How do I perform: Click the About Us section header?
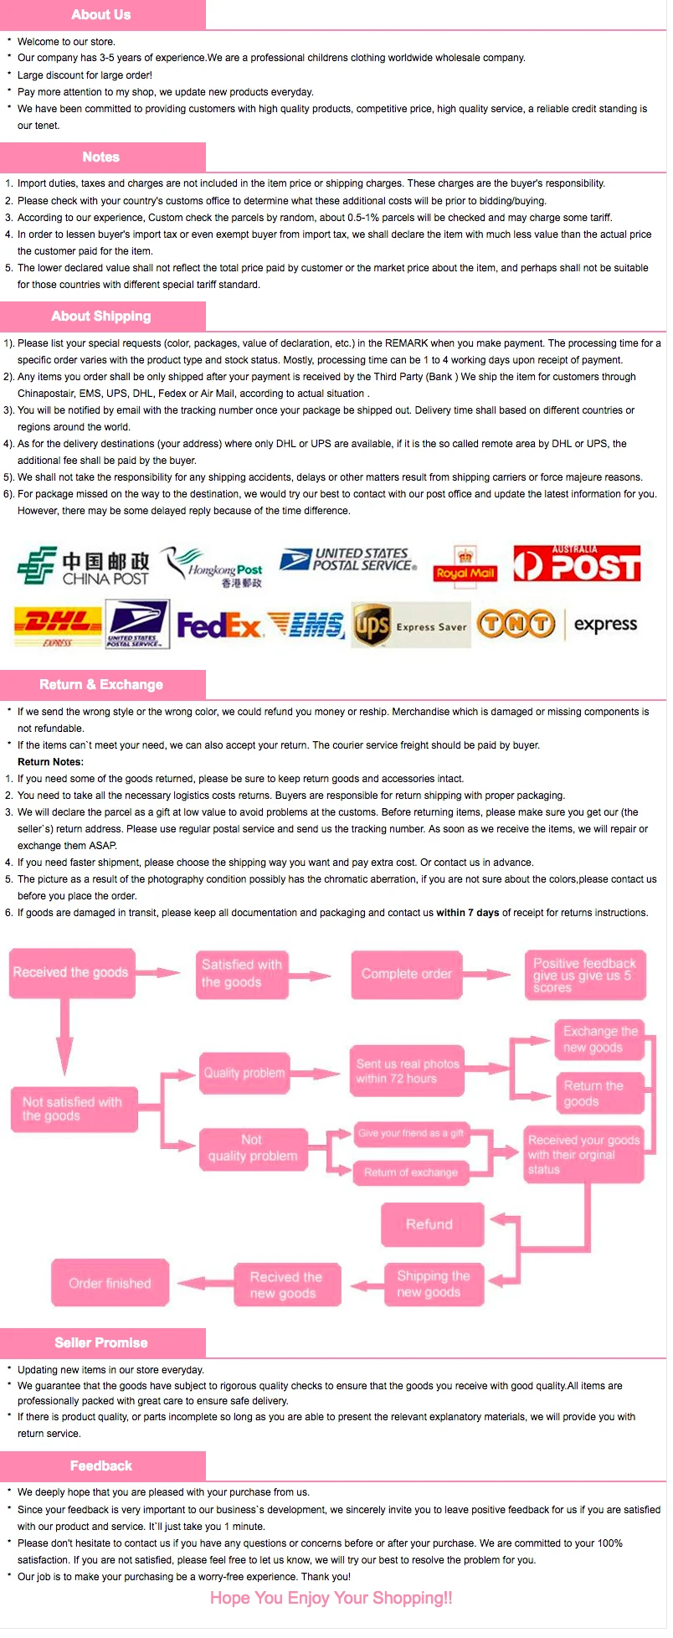click(102, 15)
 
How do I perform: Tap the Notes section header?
click(102, 157)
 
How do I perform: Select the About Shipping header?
click(102, 317)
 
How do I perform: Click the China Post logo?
click(84, 566)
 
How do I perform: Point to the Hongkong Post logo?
click(213, 567)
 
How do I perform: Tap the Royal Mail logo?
click(465, 565)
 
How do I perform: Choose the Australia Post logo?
click(577, 564)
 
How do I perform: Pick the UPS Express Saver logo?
click(410, 625)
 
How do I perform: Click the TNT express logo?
click(557, 624)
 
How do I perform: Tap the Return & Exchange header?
click(102, 685)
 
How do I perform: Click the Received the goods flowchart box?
click(71, 973)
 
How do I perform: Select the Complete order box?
click(407, 975)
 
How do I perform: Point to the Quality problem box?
click(244, 1074)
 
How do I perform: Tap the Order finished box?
click(110, 1284)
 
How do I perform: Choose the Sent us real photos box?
click(408, 1072)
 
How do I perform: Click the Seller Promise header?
click(102, 1343)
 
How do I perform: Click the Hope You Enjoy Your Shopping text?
click(331, 1599)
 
